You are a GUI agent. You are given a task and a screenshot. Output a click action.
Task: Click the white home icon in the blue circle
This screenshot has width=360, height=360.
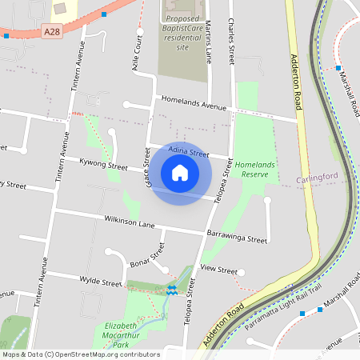[180, 173]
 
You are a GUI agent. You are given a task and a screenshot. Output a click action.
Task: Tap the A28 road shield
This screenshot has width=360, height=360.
[52, 31]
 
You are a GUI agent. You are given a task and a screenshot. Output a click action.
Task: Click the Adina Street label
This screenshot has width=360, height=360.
[189, 151]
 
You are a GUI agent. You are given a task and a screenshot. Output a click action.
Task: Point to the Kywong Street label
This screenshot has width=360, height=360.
[103, 166]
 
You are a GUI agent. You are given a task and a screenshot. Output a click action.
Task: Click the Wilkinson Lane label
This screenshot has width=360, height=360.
[129, 222]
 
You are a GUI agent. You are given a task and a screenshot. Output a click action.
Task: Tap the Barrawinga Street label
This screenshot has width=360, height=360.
[237, 238]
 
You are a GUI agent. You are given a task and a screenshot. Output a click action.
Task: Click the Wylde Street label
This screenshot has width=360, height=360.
[101, 281]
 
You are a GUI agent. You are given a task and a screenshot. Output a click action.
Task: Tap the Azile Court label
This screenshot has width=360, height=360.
[136, 58]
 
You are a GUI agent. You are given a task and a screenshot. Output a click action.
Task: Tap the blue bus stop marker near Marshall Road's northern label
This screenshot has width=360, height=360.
[338, 68]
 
